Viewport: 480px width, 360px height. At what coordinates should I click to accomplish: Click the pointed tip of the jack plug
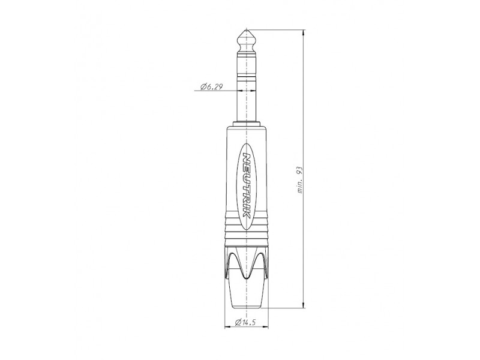[x=247, y=29]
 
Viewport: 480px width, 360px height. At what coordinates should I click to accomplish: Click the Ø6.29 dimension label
[x=212, y=87]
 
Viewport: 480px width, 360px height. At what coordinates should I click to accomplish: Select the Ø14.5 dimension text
[x=245, y=322]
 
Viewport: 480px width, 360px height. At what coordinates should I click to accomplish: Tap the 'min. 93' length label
[x=300, y=180]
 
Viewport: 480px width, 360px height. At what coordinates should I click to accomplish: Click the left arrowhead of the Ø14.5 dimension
[x=228, y=327]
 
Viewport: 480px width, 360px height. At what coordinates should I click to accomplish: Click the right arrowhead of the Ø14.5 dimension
[x=265, y=327]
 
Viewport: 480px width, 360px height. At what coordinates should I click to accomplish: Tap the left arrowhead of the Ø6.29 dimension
[x=240, y=91]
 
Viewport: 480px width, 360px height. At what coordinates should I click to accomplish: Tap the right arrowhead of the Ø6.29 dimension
[x=253, y=91]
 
